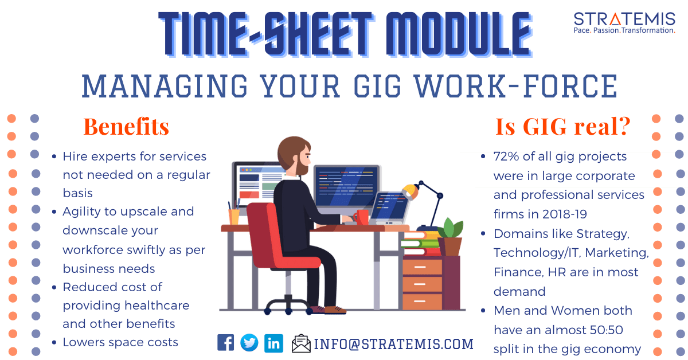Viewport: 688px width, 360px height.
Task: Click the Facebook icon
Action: coord(225,342)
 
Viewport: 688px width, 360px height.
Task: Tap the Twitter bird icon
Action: coord(249,342)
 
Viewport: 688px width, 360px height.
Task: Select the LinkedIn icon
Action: coord(273,343)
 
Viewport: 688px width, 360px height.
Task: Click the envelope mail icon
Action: coord(301,343)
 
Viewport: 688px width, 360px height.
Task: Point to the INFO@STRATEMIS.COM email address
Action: coord(393,344)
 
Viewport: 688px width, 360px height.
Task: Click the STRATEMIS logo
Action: coord(624,23)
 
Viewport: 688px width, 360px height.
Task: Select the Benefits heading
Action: coord(126,127)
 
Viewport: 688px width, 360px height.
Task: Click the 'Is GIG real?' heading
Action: coord(562,126)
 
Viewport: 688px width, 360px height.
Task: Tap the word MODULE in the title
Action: coord(459,34)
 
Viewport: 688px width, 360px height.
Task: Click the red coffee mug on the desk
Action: coord(361,217)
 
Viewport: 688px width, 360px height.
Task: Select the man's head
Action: coord(294,156)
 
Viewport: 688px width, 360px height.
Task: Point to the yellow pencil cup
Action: coord(234,217)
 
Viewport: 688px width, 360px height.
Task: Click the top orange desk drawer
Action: coord(423,267)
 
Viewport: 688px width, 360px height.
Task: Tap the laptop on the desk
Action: coord(389,208)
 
